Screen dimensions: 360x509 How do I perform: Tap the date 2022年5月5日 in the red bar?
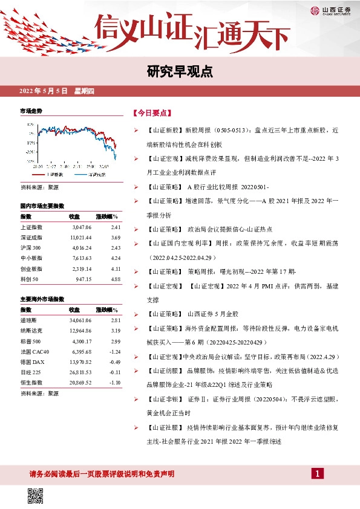point(44,91)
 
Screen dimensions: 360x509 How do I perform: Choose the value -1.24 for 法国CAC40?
point(115,351)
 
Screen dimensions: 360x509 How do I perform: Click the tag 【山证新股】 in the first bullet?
point(164,131)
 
